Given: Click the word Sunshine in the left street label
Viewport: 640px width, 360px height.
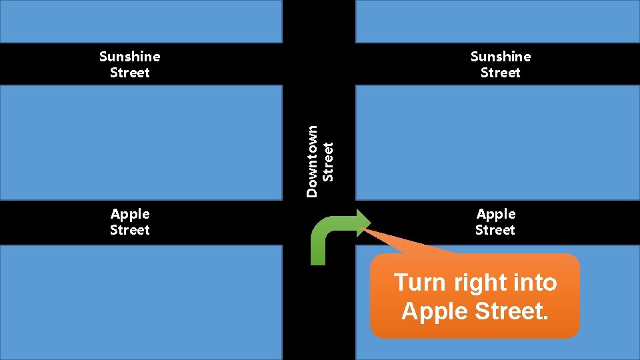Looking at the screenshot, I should pos(129,57).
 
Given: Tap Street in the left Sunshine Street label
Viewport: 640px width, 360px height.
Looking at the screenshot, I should pos(129,73).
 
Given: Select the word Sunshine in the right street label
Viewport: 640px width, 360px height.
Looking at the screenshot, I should pos(500,57).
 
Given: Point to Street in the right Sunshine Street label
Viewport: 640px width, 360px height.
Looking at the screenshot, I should pos(500,73).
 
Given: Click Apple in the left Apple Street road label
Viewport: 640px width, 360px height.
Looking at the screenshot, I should pos(130,214).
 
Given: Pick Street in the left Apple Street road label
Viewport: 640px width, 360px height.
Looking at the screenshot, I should pos(130,230).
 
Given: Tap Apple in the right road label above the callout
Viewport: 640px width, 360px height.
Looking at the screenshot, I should pos(495,214).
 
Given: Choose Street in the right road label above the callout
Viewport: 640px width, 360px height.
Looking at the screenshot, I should pos(495,230).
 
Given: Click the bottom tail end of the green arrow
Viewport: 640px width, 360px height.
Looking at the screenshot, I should pos(319,260).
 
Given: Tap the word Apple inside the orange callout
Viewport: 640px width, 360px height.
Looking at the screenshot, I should pos(433,311).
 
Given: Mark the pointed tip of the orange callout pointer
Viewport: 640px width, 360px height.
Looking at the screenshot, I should pos(361,229).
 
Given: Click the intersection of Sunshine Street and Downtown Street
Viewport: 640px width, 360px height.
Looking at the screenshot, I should pos(319,64).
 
